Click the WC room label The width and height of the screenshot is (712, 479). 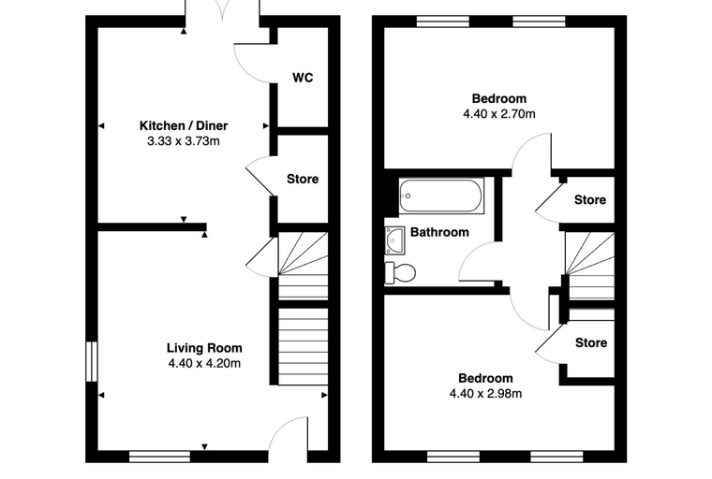point(303,78)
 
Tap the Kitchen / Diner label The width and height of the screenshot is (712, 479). point(184,125)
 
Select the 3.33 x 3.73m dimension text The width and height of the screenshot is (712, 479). point(184,141)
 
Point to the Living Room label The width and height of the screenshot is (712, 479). point(204,348)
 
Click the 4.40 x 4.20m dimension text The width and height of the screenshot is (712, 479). point(204,363)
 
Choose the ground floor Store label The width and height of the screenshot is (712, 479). point(303,180)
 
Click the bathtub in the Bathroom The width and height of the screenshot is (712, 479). point(440,196)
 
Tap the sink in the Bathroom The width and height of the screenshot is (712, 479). point(394,239)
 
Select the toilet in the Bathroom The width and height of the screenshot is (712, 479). point(400,273)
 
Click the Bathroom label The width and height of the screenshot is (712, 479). point(439,232)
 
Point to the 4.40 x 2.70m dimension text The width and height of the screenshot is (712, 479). point(499,114)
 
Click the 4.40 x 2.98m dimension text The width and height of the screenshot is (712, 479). point(485,393)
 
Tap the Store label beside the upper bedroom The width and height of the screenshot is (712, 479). point(590,200)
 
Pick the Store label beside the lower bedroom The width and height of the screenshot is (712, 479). point(591,342)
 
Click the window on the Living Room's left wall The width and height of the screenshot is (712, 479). point(92,361)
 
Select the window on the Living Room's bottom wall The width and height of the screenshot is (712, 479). point(159,457)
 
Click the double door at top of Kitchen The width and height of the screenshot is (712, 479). point(222,10)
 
